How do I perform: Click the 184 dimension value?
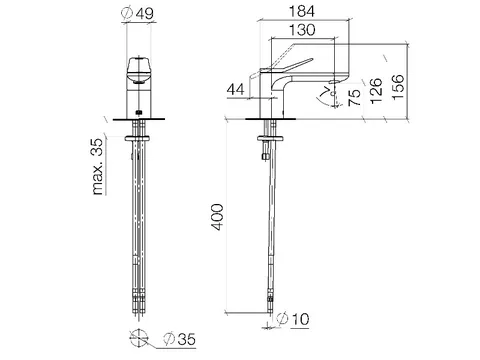301,11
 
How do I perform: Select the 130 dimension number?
302,30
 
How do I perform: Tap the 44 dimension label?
236,89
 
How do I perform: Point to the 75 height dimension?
355,97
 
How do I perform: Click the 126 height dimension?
376,91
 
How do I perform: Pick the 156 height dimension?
398,87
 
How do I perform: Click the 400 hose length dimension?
218,217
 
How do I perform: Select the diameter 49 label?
138,14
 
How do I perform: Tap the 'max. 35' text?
98,166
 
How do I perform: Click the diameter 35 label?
179,339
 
